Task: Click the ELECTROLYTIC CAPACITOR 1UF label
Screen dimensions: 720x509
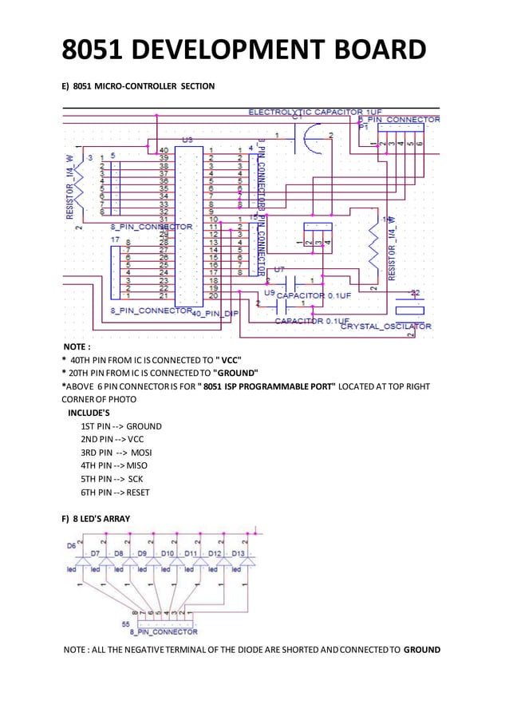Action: (315, 112)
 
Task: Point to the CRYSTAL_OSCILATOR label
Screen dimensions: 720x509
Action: (386, 326)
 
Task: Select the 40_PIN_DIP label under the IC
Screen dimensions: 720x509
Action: (215, 313)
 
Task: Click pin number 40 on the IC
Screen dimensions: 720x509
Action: (164, 149)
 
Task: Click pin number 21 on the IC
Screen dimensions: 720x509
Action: (164, 295)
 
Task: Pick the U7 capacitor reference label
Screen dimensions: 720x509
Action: (278, 270)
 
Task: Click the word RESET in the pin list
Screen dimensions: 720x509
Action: (138, 492)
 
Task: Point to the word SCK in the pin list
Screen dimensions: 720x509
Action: (135, 478)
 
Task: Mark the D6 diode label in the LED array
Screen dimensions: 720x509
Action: (71, 545)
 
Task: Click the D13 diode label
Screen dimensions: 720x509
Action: (239, 552)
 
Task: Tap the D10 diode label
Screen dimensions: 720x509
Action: (168, 552)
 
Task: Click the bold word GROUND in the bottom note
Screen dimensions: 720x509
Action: (422, 650)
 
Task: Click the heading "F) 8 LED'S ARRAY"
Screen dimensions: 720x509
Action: (97, 519)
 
